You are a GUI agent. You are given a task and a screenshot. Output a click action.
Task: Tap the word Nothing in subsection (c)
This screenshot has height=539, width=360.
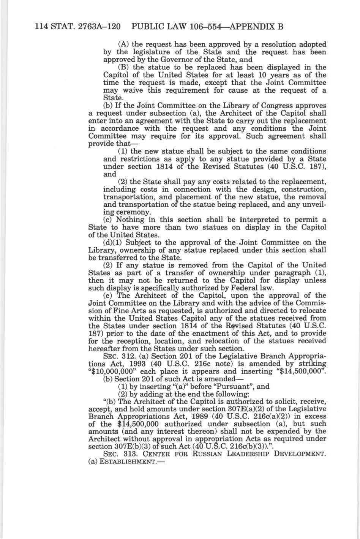(x=130, y=220)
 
